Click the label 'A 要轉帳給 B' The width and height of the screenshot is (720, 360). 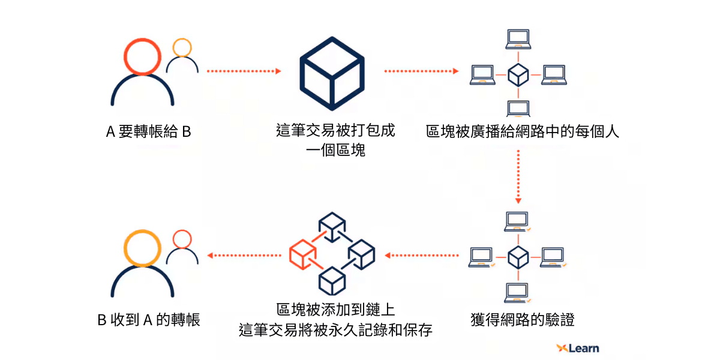(148, 132)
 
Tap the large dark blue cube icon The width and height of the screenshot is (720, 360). (332, 71)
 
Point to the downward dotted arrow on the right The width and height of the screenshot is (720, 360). (518, 177)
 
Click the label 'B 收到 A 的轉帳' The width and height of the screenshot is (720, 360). (148, 320)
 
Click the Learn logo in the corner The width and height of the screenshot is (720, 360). (577, 348)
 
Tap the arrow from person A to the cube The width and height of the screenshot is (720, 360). (244, 71)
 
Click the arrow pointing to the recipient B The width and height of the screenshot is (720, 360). (244, 256)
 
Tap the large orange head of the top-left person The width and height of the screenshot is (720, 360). (142, 57)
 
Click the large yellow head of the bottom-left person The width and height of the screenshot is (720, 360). (142, 249)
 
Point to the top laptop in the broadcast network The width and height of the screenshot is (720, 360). (518, 39)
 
